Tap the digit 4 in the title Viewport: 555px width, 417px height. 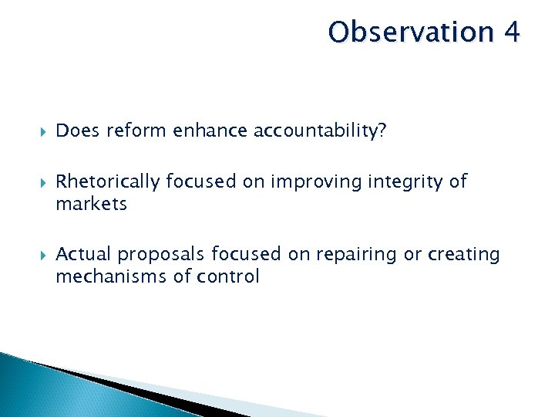click(511, 32)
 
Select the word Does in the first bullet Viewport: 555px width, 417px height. click(78, 132)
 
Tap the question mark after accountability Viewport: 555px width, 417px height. click(382, 132)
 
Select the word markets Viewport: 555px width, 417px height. click(91, 204)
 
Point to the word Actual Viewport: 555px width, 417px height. click(83, 254)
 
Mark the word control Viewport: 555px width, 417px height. click(229, 276)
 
